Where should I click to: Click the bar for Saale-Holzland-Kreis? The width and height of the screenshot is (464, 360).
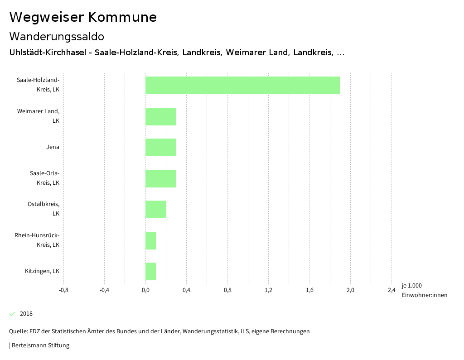click(242, 85)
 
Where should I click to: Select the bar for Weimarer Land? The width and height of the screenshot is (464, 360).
click(161, 116)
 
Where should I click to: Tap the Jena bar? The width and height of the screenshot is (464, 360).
click(161, 147)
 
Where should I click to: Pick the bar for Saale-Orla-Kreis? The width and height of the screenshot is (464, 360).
click(161, 178)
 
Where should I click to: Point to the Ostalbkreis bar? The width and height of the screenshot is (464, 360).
click(155, 209)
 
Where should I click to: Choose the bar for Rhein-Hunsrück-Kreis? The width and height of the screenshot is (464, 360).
click(150, 240)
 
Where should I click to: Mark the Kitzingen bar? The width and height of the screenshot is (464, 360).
click(150, 271)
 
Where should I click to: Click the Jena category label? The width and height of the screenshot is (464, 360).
click(53, 147)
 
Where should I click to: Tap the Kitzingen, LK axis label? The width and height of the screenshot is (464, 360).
click(42, 271)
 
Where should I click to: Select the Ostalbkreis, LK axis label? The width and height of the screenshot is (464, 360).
click(43, 209)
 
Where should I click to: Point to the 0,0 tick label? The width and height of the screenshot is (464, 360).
click(145, 290)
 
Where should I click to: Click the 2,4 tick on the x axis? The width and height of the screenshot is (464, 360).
click(391, 290)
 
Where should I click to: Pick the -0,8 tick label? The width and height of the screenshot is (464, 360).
click(64, 290)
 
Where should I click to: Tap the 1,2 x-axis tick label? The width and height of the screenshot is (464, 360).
click(268, 290)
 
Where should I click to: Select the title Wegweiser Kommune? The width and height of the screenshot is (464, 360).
click(83, 17)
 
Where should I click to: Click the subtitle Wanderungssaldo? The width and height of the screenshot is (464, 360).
click(57, 37)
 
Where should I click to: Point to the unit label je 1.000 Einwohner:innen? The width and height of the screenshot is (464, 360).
click(424, 290)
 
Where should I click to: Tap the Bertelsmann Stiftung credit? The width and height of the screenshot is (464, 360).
click(40, 346)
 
